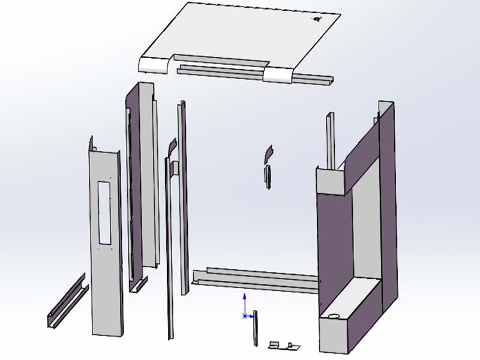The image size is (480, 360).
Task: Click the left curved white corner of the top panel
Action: point(155,64)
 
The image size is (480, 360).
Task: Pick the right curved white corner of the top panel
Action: point(277,74)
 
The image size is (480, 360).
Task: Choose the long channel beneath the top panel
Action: point(252,73)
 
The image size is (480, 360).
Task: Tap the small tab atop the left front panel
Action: point(92,143)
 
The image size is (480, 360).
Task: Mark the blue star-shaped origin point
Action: point(244,316)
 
